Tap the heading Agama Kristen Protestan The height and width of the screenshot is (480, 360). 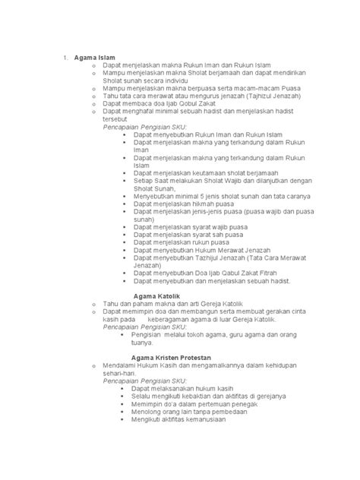click(171, 357)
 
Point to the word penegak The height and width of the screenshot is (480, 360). click(243, 404)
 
